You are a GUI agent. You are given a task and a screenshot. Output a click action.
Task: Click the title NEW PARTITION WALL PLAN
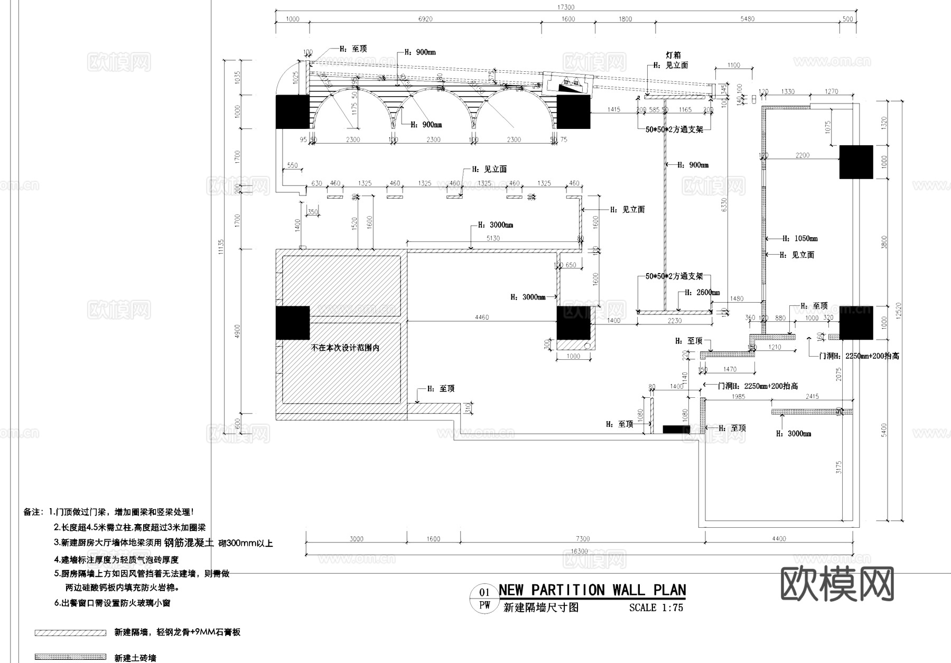click(x=592, y=590)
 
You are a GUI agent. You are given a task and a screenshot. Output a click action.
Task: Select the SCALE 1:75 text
click(x=656, y=608)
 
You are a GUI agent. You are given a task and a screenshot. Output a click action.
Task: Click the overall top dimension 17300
click(x=566, y=7)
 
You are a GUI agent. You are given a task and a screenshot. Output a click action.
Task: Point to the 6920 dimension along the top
click(x=425, y=19)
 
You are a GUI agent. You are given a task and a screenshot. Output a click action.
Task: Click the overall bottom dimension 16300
click(x=579, y=551)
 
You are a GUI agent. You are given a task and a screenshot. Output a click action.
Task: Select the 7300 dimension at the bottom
click(x=582, y=539)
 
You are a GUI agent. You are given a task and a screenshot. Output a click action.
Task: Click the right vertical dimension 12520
click(x=899, y=310)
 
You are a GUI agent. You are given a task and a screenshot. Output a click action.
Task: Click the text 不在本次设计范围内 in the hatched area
click(x=345, y=348)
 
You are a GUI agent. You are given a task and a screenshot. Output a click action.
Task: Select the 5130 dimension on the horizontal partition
click(x=492, y=238)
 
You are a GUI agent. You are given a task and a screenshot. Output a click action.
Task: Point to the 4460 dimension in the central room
click(x=481, y=318)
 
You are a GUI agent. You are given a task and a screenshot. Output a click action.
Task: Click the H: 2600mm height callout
click(x=702, y=293)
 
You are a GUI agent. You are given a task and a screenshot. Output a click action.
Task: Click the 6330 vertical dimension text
click(x=724, y=205)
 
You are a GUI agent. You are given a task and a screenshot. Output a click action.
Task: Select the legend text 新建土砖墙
click(x=135, y=658)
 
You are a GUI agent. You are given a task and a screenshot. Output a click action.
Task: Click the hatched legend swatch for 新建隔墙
click(x=70, y=632)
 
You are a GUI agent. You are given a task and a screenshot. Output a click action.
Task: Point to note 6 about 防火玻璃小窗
click(x=112, y=603)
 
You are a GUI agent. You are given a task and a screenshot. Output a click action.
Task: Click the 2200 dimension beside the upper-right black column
click(x=801, y=155)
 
